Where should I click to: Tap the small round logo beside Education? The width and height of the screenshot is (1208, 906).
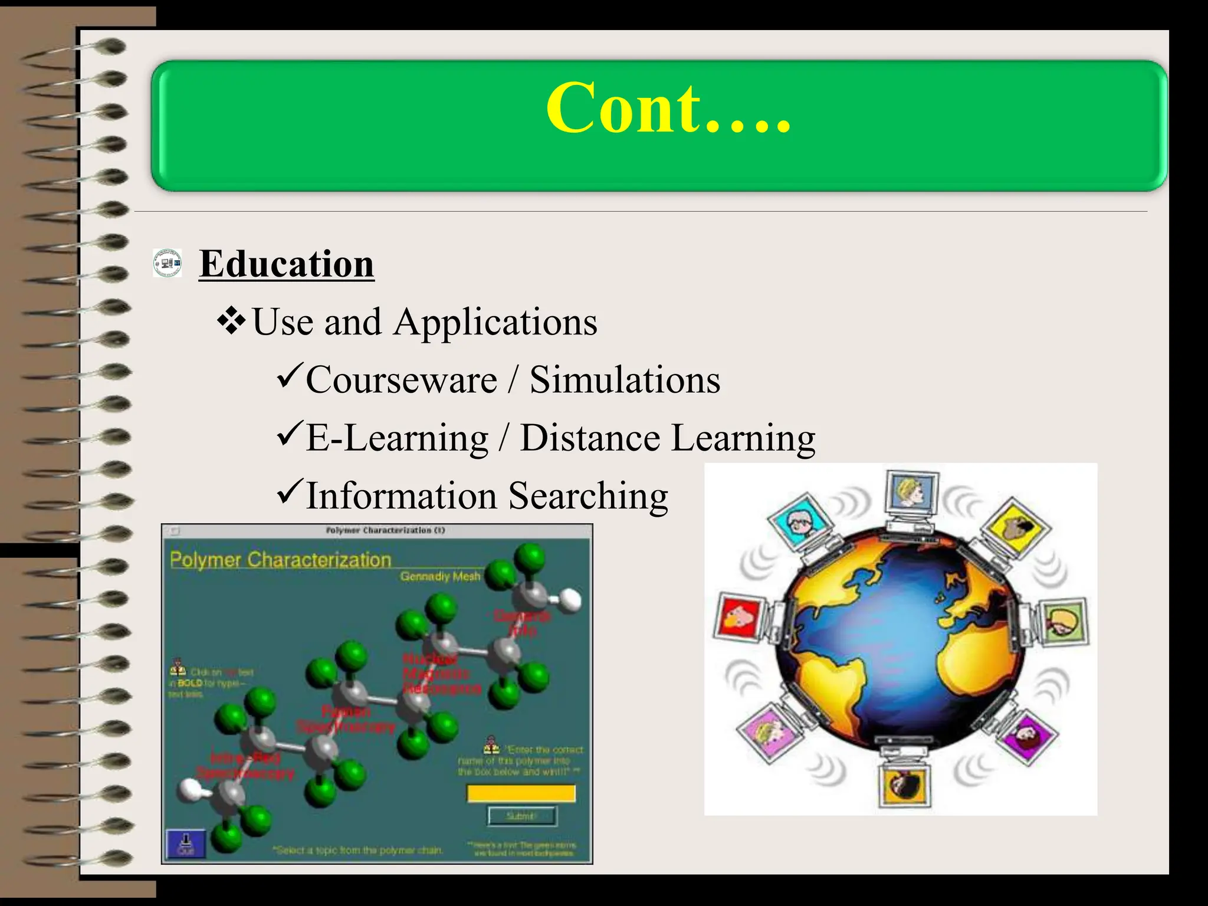click(167, 262)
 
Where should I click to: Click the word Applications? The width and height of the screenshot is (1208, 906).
click(495, 322)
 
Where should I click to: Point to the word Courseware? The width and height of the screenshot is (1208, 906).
click(401, 380)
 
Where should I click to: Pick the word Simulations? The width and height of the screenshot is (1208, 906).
click(625, 380)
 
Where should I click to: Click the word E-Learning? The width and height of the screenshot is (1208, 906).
click(397, 438)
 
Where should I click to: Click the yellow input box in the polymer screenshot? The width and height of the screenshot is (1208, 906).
click(521, 793)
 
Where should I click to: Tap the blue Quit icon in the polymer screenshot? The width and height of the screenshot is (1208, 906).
click(186, 843)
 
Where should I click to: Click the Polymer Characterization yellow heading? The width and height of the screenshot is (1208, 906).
click(281, 560)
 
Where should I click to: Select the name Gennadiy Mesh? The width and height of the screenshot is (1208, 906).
click(440, 576)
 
